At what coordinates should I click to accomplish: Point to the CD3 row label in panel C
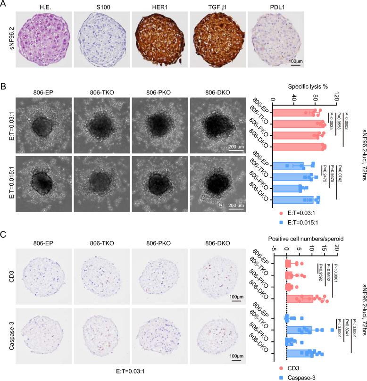point(8,278)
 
